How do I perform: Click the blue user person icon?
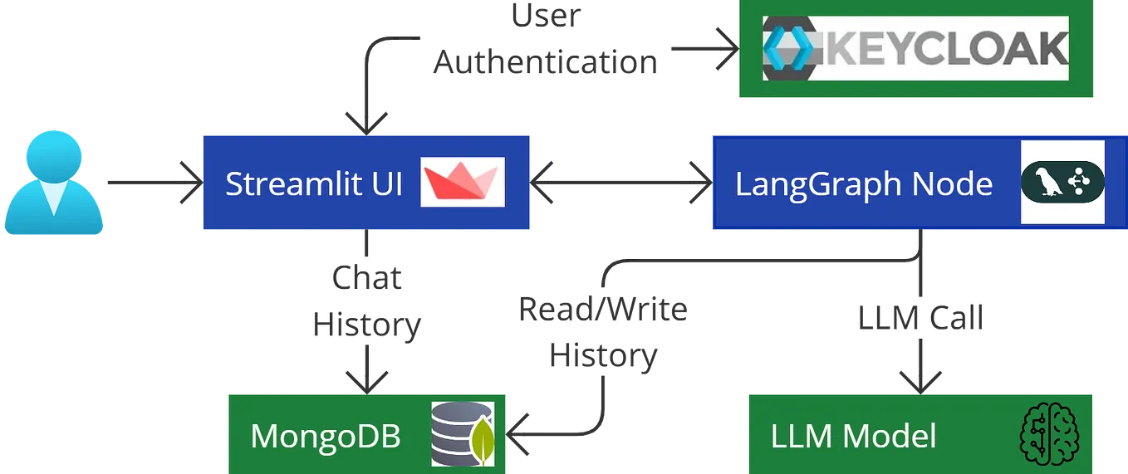pos(54,183)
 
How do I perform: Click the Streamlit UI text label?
pos(313,183)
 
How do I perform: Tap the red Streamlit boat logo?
pos(462,182)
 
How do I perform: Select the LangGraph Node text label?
pos(863,183)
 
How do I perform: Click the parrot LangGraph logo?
pos(1062,182)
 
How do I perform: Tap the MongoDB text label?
pos(325,436)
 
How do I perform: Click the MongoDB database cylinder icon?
pos(463,434)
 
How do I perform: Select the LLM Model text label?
pos(853,436)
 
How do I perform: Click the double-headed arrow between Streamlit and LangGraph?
pos(620,183)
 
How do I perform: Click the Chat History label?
pos(368,301)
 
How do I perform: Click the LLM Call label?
pos(920,316)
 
